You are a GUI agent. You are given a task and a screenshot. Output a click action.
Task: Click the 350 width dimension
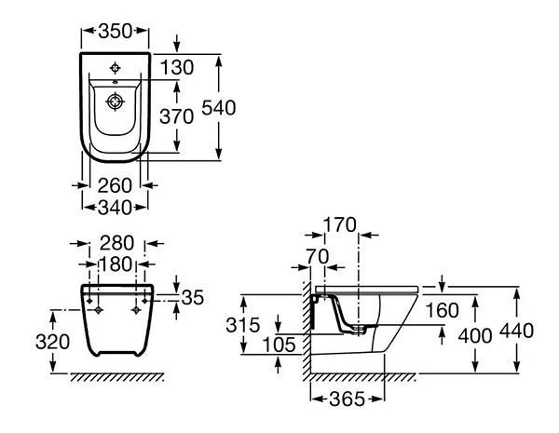tap(116, 31)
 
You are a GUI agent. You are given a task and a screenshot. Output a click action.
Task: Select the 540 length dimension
tap(219, 108)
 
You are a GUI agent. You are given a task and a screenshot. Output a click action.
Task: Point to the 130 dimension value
tap(177, 67)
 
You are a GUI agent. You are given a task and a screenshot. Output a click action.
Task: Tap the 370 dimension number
tap(176, 116)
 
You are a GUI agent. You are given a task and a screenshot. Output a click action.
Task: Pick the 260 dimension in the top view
tap(115, 185)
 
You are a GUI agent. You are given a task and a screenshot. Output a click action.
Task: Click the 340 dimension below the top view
tap(115, 207)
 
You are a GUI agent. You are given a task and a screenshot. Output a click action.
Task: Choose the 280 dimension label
tap(116, 243)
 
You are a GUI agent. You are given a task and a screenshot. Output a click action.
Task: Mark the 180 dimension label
tap(116, 264)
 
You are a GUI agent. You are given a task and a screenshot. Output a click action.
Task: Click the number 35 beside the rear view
tap(193, 297)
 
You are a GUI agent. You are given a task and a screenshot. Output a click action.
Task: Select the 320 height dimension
tap(52, 342)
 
